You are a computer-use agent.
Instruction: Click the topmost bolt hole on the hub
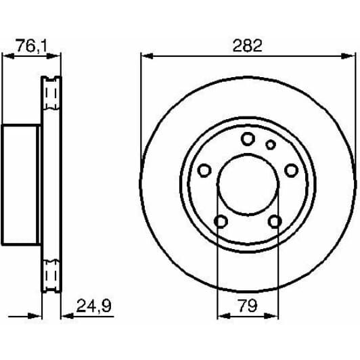pyautogui.click(x=248, y=139)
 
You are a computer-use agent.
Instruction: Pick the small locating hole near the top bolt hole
pyautogui.click(x=270, y=144)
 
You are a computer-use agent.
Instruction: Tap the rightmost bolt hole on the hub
pyautogui.click(x=292, y=170)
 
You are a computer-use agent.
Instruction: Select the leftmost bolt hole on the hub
pyautogui.click(x=203, y=170)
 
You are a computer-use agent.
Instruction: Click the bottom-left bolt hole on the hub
pyautogui.click(x=220, y=221)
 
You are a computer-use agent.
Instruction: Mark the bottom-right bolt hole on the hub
pyautogui.click(x=275, y=221)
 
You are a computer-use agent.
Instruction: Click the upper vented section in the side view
pyautogui.click(x=51, y=95)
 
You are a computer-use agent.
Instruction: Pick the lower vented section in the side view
pyautogui.click(x=51, y=273)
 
